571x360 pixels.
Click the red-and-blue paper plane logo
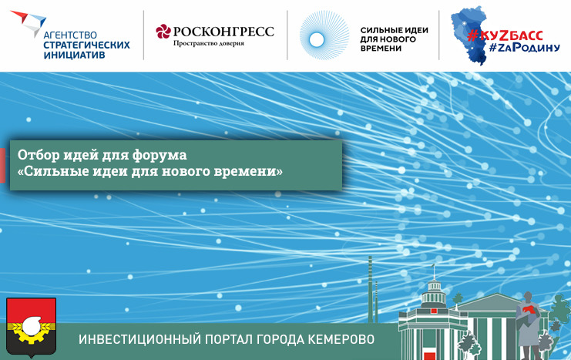(29, 22)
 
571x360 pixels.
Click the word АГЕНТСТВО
(70, 35)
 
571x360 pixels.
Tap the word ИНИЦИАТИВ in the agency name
(74, 55)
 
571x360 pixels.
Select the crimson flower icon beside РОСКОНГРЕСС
(163, 32)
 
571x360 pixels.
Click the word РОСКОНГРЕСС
(223, 32)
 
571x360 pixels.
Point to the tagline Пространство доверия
(209, 43)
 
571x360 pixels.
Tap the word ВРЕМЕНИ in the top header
(381, 48)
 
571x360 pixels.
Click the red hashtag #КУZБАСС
(505, 35)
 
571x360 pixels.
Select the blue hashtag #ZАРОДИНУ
(525, 47)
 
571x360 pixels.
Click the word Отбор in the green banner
(39, 155)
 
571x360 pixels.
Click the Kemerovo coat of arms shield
(32, 326)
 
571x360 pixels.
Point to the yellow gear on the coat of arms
(31, 331)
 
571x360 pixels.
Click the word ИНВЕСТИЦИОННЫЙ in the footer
(139, 339)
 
